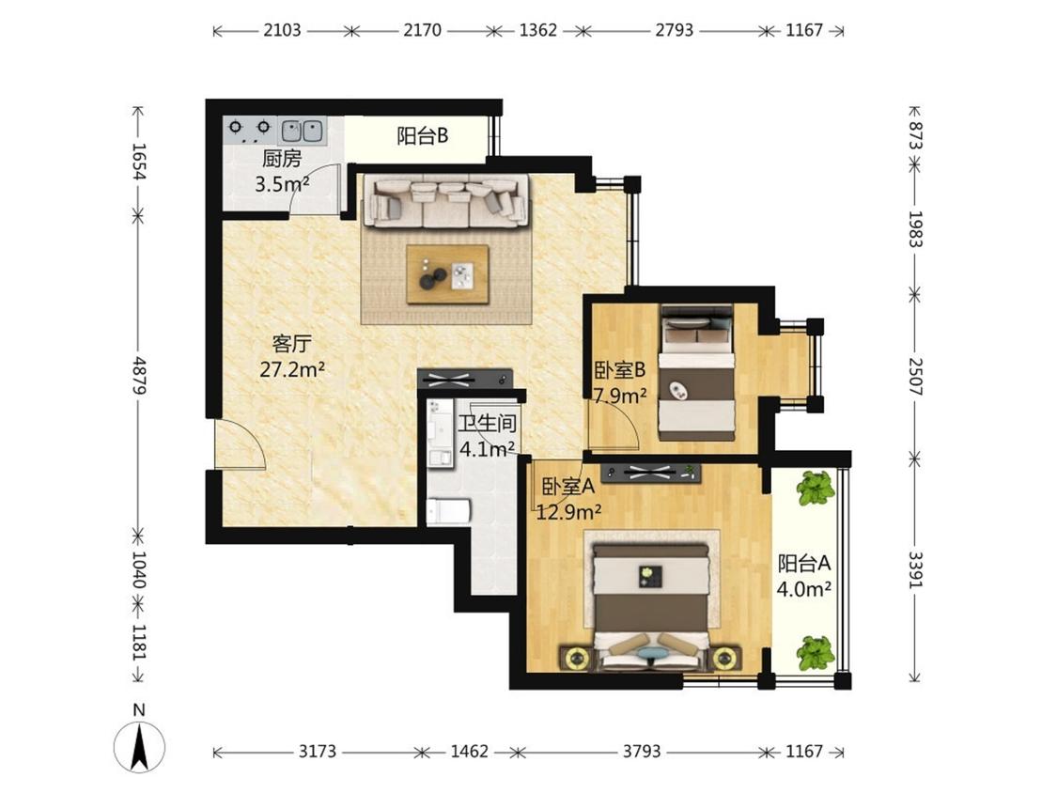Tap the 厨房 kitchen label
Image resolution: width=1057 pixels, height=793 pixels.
(282, 159)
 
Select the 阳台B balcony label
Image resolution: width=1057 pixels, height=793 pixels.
(422, 136)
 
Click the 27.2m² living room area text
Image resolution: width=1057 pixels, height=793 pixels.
(292, 369)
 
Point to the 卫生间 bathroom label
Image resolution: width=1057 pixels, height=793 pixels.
(488, 424)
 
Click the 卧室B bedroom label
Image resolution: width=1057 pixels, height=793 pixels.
(620, 369)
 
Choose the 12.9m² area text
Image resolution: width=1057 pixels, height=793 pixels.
(569, 513)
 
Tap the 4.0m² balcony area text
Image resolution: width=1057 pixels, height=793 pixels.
(803, 589)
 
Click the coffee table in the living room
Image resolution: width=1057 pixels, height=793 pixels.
(447, 274)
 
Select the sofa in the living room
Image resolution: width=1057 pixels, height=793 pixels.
(446, 201)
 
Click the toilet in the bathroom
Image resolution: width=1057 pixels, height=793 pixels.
(448, 510)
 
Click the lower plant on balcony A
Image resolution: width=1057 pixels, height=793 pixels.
(816, 653)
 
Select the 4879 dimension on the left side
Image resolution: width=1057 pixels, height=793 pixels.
(139, 376)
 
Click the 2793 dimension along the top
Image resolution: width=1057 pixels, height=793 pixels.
(674, 30)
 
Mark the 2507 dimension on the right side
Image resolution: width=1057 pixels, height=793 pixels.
(915, 376)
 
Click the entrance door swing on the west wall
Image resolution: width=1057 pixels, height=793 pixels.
(241, 443)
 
